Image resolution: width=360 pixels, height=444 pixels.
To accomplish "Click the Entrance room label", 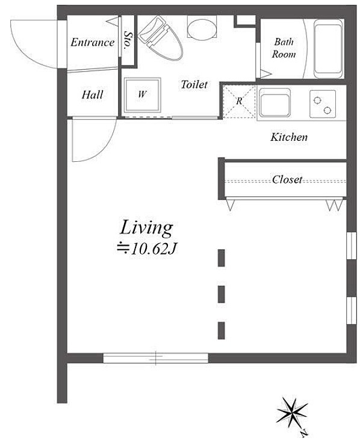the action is point(92,43).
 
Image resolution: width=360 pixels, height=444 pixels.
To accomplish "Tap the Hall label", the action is point(92,94).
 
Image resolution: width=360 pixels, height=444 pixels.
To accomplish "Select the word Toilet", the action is point(194,84).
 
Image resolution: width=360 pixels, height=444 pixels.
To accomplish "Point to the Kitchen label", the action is point(289,137).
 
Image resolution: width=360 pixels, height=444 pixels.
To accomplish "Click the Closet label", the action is point(287,179).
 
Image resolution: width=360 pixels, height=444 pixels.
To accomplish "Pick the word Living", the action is point(146,229).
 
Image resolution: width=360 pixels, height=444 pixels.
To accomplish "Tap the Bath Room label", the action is point(284,48).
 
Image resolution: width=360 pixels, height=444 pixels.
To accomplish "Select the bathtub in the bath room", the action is point(328,49).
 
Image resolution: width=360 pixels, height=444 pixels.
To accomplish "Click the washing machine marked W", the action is point(143,94).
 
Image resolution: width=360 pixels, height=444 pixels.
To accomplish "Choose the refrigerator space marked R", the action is point(239,101).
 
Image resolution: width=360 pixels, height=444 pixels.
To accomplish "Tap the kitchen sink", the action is point(275,102).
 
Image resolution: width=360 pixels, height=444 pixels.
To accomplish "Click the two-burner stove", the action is point(323,104).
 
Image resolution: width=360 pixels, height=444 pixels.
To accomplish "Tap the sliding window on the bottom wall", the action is point(155,358).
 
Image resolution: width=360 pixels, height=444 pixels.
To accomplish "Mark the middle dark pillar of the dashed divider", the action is point(222,294).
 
